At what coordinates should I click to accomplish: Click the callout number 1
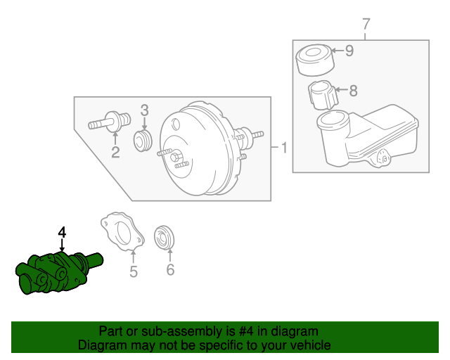(283, 148)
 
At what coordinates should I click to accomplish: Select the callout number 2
(115, 151)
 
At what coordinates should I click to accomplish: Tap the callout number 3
(144, 110)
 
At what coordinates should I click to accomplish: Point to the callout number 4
(62, 232)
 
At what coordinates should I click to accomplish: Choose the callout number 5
(134, 270)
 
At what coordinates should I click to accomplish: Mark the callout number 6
(169, 270)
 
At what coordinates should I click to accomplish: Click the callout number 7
(366, 25)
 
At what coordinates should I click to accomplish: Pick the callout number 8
(353, 90)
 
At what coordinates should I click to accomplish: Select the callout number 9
(349, 51)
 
